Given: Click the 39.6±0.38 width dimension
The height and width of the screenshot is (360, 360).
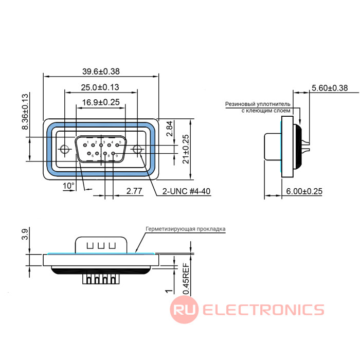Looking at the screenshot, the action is tap(101, 71).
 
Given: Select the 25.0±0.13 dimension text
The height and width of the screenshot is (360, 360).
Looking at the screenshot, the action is tap(100, 87).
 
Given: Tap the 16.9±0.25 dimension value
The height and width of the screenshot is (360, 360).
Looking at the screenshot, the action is tap(101, 102).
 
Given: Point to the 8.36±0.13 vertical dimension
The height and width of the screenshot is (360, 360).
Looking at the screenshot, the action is tap(25, 112).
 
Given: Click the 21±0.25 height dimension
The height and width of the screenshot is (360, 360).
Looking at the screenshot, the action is tap(186, 149).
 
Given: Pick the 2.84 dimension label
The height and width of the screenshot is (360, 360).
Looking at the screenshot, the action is tap(169, 129).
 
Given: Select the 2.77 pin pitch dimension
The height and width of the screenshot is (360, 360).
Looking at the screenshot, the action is tap(134, 191).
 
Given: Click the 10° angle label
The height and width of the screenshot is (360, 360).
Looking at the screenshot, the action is tap(68, 186).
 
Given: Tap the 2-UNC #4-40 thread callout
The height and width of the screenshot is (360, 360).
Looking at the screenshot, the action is tap(186, 191).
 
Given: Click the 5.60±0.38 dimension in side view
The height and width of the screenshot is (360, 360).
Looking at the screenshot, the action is tap(330, 88).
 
